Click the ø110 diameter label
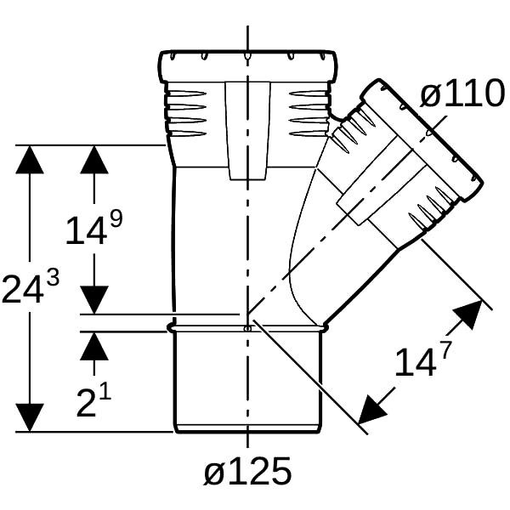click(x=462, y=93)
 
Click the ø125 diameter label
click(x=247, y=472)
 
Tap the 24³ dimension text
click(x=31, y=287)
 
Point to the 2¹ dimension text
click(x=93, y=400)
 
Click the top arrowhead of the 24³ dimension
click(x=30, y=160)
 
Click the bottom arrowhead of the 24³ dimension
click(x=30, y=417)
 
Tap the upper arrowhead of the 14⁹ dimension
click(x=94, y=160)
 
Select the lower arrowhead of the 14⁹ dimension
click(x=94, y=300)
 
